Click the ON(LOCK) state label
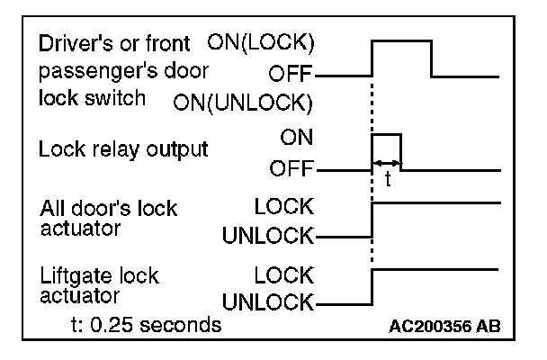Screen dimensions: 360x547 (262, 40)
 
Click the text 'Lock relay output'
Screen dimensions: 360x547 (122, 149)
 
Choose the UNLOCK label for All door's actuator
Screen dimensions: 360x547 (268, 237)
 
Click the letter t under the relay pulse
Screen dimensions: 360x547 (388, 179)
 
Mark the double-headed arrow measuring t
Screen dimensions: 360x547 (387, 163)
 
